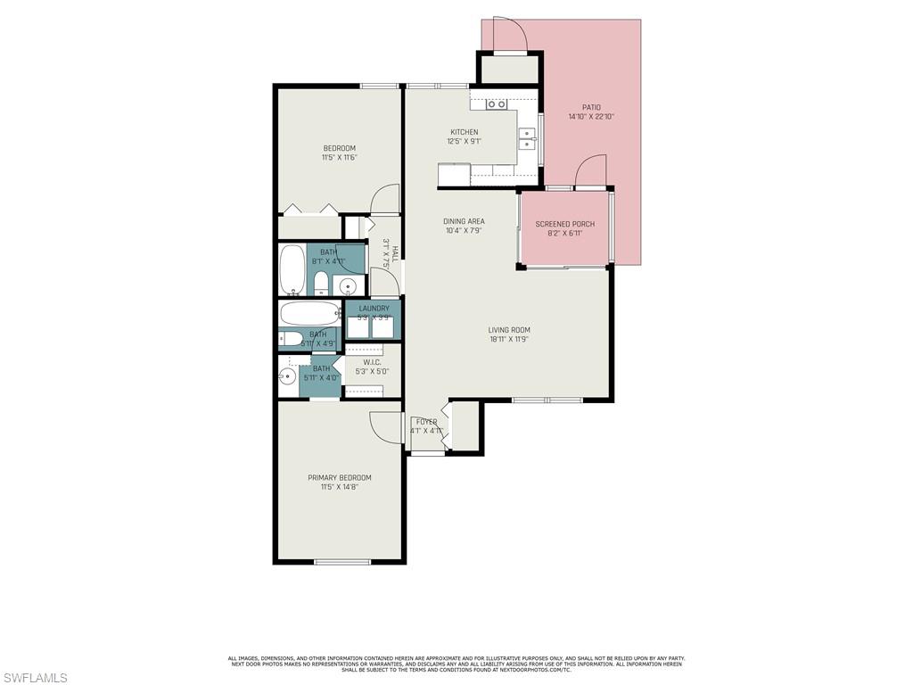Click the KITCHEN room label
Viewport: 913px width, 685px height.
click(464, 132)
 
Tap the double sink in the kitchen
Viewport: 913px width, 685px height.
click(528, 139)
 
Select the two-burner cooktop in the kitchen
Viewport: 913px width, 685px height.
click(497, 104)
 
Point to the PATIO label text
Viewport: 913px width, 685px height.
click(591, 107)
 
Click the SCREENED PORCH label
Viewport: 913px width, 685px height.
click(564, 224)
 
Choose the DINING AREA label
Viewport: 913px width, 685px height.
click(464, 221)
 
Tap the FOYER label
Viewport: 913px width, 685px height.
click(426, 422)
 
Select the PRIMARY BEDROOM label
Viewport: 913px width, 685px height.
click(339, 478)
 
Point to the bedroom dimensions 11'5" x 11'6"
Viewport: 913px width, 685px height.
click(339, 158)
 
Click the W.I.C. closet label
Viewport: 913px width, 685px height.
click(372, 362)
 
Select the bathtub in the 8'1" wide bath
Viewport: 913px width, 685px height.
click(292, 269)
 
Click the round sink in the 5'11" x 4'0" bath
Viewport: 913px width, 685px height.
click(286, 376)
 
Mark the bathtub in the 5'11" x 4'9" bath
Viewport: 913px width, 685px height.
click(308, 314)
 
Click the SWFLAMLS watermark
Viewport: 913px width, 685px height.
click(34, 678)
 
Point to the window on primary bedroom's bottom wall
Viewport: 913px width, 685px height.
click(342, 562)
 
